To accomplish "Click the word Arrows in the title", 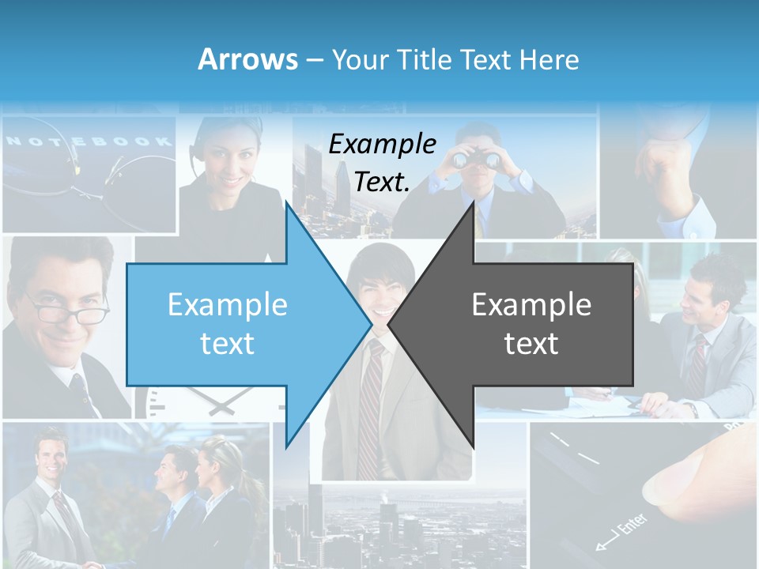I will (x=247, y=59).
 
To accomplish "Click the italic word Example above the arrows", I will (x=382, y=144).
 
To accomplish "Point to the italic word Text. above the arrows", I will (x=382, y=183).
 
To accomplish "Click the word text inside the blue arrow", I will (x=227, y=344).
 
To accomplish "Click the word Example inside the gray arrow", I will (x=531, y=305).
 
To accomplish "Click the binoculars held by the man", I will (x=476, y=160).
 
